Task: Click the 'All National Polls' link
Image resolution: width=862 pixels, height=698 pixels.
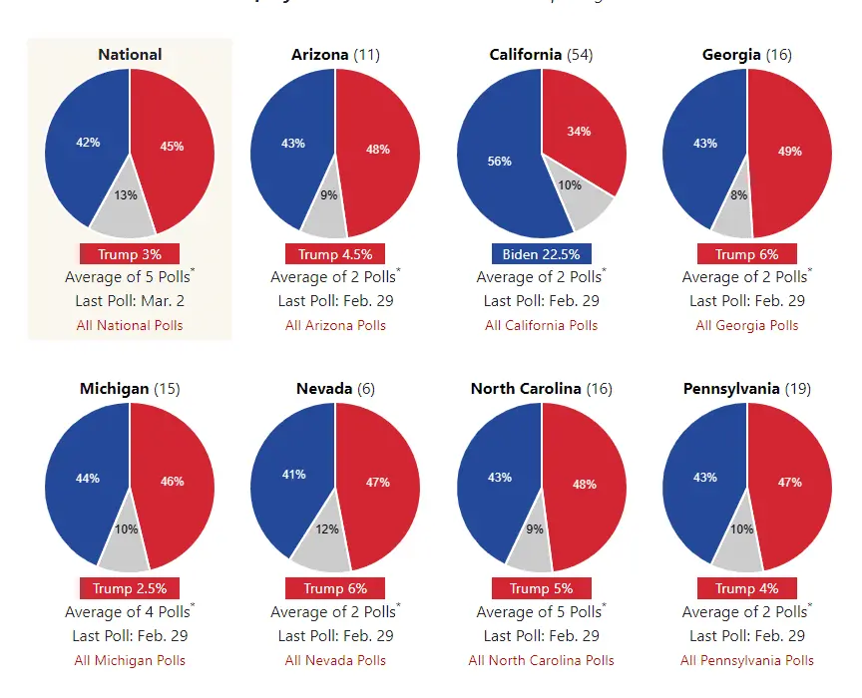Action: point(130,325)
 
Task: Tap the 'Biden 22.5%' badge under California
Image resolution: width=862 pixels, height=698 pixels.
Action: point(542,254)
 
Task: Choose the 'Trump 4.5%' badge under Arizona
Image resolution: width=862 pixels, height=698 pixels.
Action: point(335,254)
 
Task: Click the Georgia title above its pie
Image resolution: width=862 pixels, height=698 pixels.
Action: point(730,55)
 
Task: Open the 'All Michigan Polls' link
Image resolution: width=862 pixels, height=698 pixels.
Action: point(130,660)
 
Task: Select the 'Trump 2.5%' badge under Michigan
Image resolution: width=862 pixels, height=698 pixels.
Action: point(130,588)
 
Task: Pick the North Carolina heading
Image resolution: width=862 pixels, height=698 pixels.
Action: point(525,389)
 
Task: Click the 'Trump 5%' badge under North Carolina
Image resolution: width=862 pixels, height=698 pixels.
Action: point(542,588)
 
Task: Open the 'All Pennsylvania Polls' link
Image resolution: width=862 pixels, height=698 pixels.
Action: point(747,660)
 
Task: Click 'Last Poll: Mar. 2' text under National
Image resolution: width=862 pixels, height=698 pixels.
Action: point(130,301)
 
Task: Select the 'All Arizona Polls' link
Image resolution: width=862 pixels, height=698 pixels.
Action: point(335,325)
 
